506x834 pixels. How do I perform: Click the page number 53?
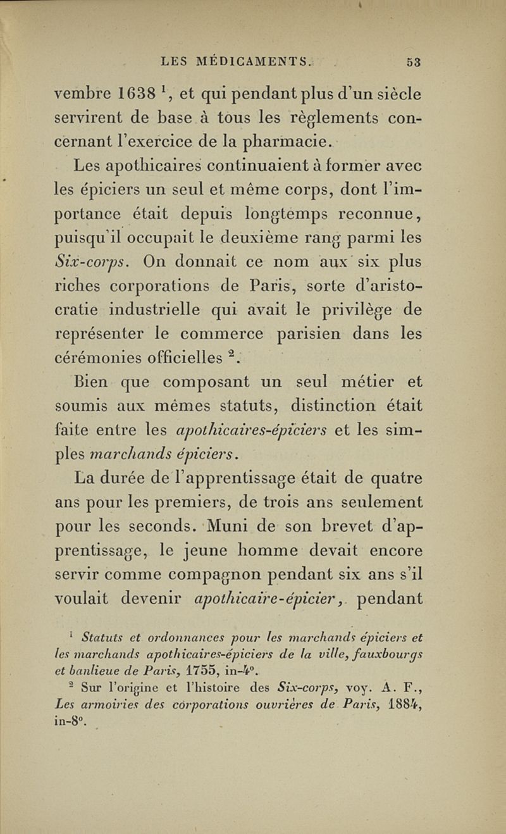point(414,62)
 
